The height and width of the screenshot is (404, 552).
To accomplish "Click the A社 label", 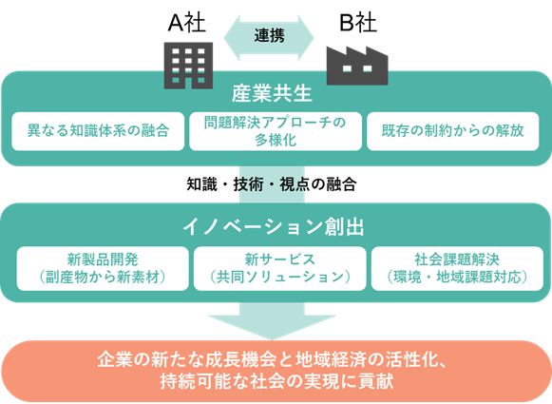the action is click(x=186, y=23).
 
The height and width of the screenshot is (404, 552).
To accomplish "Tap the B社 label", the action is click(x=357, y=23).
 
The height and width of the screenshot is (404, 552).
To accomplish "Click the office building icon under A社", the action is click(x=188, y=66).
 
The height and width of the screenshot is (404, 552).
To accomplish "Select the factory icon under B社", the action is click(x=357, y=66).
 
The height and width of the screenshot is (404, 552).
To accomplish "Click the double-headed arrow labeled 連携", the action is click(x=269, y=38).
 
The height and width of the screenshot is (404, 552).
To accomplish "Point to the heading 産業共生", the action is click(x=272, y=94).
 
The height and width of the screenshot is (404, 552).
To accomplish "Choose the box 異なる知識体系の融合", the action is click(x=98, y=131).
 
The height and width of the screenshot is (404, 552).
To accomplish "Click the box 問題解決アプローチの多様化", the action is click(x=276, y=131).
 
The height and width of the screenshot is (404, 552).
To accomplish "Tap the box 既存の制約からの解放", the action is click(x=453, y=131).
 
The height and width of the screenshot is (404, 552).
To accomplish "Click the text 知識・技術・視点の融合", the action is click(x=272, y=184).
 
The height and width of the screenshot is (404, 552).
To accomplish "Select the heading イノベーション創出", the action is click(x=274, y=226).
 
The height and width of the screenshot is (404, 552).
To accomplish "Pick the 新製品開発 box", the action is click(x=103, y=268).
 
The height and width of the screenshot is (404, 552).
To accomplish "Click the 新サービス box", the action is click(x=280, y=268).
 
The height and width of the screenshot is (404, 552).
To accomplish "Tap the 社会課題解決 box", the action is click(x=457, y=268).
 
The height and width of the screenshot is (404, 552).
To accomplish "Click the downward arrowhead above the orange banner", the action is click(x=272, y=327).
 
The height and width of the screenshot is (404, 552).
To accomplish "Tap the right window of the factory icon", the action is click(x=367, y=68).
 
